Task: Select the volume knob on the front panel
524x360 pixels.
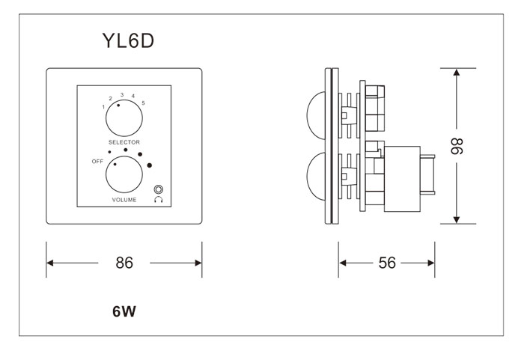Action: [x=124, y=177]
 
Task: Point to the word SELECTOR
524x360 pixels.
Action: [x=124, y=141]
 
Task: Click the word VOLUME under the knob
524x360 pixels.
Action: [x=124, y=200]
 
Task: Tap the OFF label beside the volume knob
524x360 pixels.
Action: [x=97, y=161]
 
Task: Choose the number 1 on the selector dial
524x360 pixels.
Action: [x=103, y=107]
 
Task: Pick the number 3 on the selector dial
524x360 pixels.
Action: [x=121, y=94]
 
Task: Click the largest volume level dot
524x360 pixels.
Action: [x=150, y=165]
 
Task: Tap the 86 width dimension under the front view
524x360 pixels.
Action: [x=124, y=263]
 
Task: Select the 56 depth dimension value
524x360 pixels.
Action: [x=387, y=263]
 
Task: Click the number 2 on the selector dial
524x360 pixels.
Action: [x=110, y=99]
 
